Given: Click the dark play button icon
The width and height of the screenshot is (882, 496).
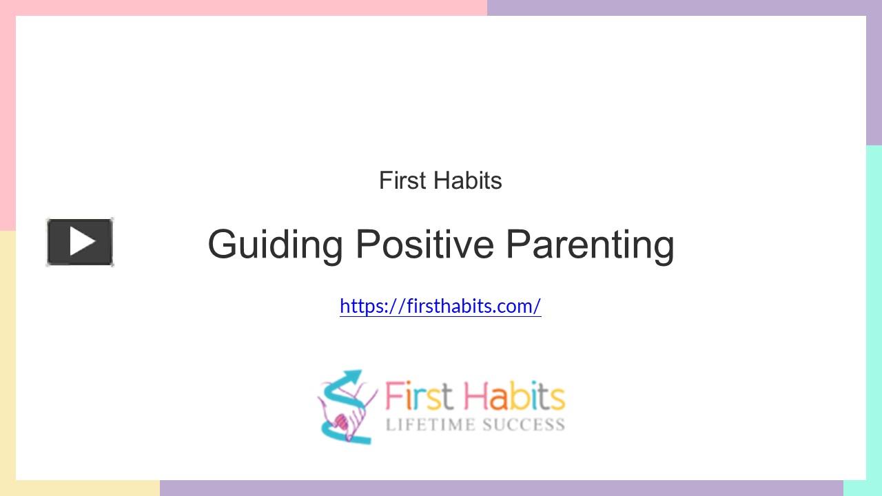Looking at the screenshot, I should [80, 242].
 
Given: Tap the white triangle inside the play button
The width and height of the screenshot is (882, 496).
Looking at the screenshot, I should [82, 242].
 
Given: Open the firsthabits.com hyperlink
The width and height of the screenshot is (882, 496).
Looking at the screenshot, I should [440, 306].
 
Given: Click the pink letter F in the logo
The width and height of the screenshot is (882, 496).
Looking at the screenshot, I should [393, 397].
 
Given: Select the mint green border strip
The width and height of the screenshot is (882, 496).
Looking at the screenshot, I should [874, 310].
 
